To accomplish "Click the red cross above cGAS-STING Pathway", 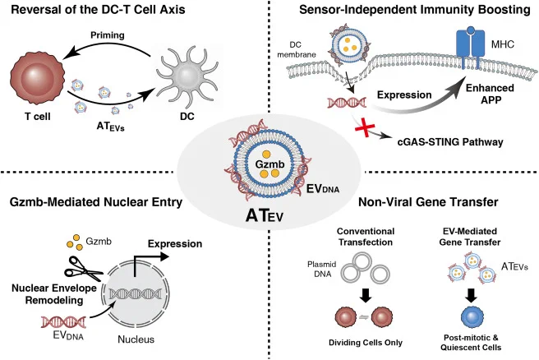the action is pyautogui.click(x=365, y=128).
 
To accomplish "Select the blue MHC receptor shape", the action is pyautogui.click(x=470, y=47).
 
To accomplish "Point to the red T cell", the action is pyautogui.click(x=38, y=76).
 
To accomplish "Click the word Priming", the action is pyautogui.click(x=108, y=35).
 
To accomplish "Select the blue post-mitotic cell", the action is pyautogui.click(x=472, y=318).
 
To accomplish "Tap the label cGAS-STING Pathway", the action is pyautogui.click(x=450, y=141).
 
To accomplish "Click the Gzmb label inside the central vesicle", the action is pyautogui.click(x=269, y=164).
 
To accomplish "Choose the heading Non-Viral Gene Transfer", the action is pyautogui.click(x=428, y=202).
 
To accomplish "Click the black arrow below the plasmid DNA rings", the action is pyautogui.click(x=366, y=295).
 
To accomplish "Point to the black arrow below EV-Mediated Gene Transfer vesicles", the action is pyautogui.click(x=472, y=295).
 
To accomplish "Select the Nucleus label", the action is pyautogui.click(x=136, y=339).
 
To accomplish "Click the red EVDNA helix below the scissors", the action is pyautogui.click(x=63, y=322).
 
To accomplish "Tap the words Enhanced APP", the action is pyautogui.click(x=491, y=94).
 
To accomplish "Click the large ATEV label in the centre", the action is pyautogui.click(x=265, y=216).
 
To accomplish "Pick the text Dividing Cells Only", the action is pyautogui.click(x=366, y=343).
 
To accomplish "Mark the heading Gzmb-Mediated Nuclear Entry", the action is pyautogui.click(x=96, y=202).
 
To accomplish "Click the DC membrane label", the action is pyautogui.click(x=296, y=49).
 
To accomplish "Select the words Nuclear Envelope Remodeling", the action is pyautogui.click(x=54, y=294).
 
